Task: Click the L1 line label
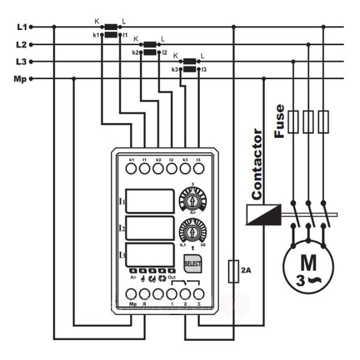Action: (22, 26)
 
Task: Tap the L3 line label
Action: (22, 61)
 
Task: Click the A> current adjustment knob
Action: (193, 199)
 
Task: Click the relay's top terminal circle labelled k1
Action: (131, 170)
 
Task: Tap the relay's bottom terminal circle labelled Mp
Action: (132, 294)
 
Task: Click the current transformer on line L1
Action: (111, 31)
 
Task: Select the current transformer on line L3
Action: (190, 65)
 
